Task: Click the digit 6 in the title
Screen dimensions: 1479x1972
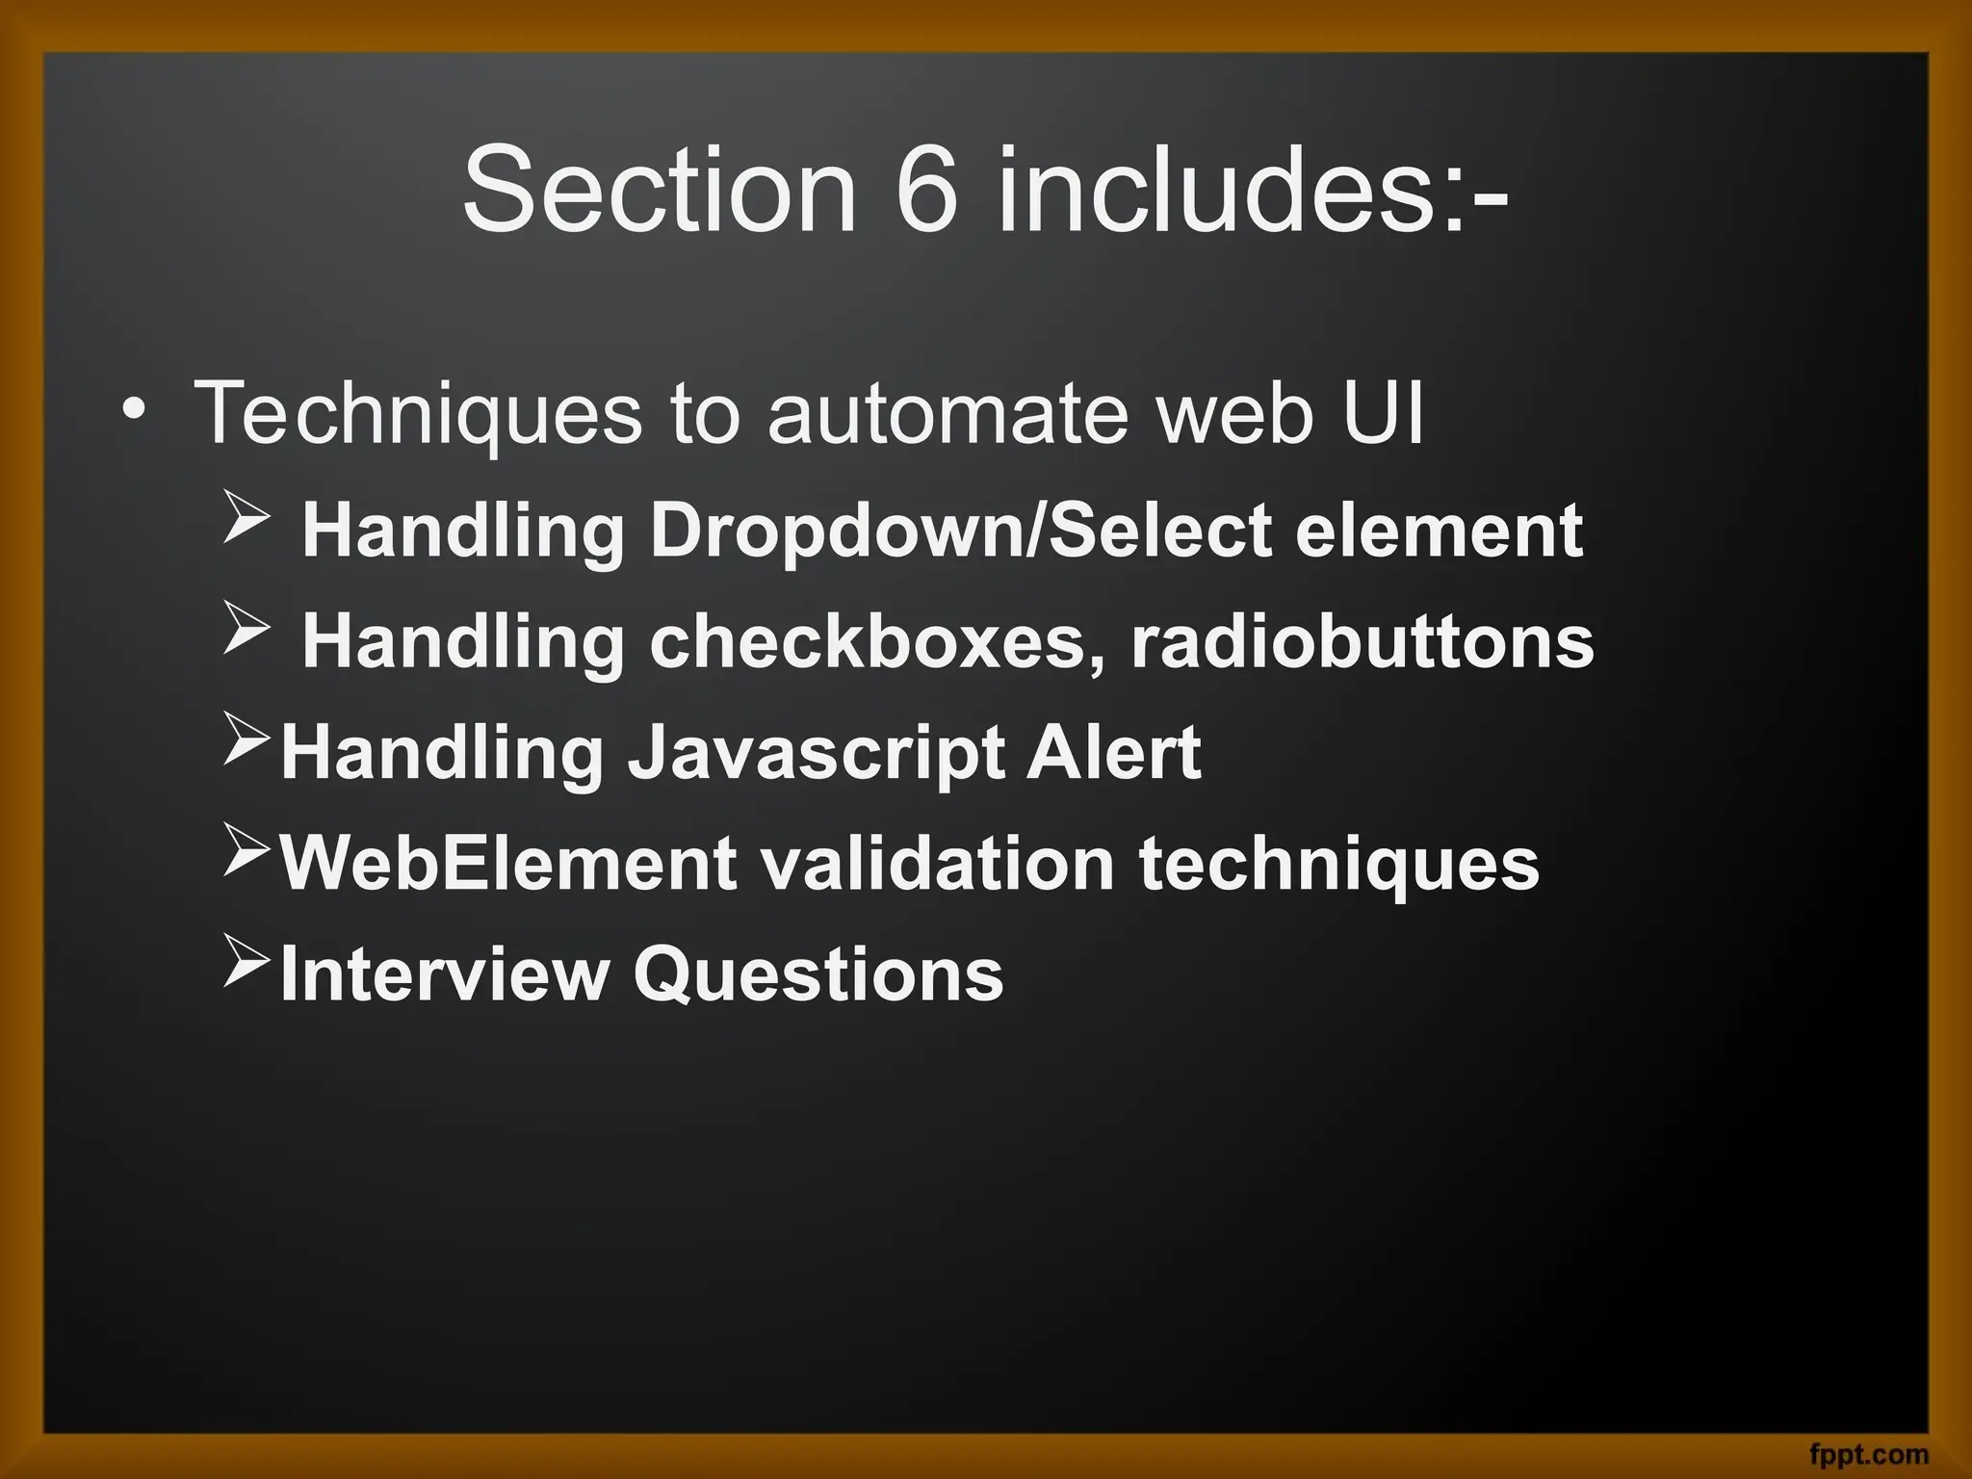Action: point(927,189)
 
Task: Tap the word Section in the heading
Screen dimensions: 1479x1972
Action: point(659,189)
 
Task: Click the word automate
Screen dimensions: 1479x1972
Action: point(947,415)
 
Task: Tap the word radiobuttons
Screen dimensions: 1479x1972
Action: point(1362,642)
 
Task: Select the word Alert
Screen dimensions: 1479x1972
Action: point(1113,752)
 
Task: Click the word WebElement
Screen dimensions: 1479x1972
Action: point(507,864)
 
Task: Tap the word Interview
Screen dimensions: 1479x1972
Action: point(444,974)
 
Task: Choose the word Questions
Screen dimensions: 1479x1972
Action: point(817,974)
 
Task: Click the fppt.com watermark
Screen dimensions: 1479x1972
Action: point(1868,1454)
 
